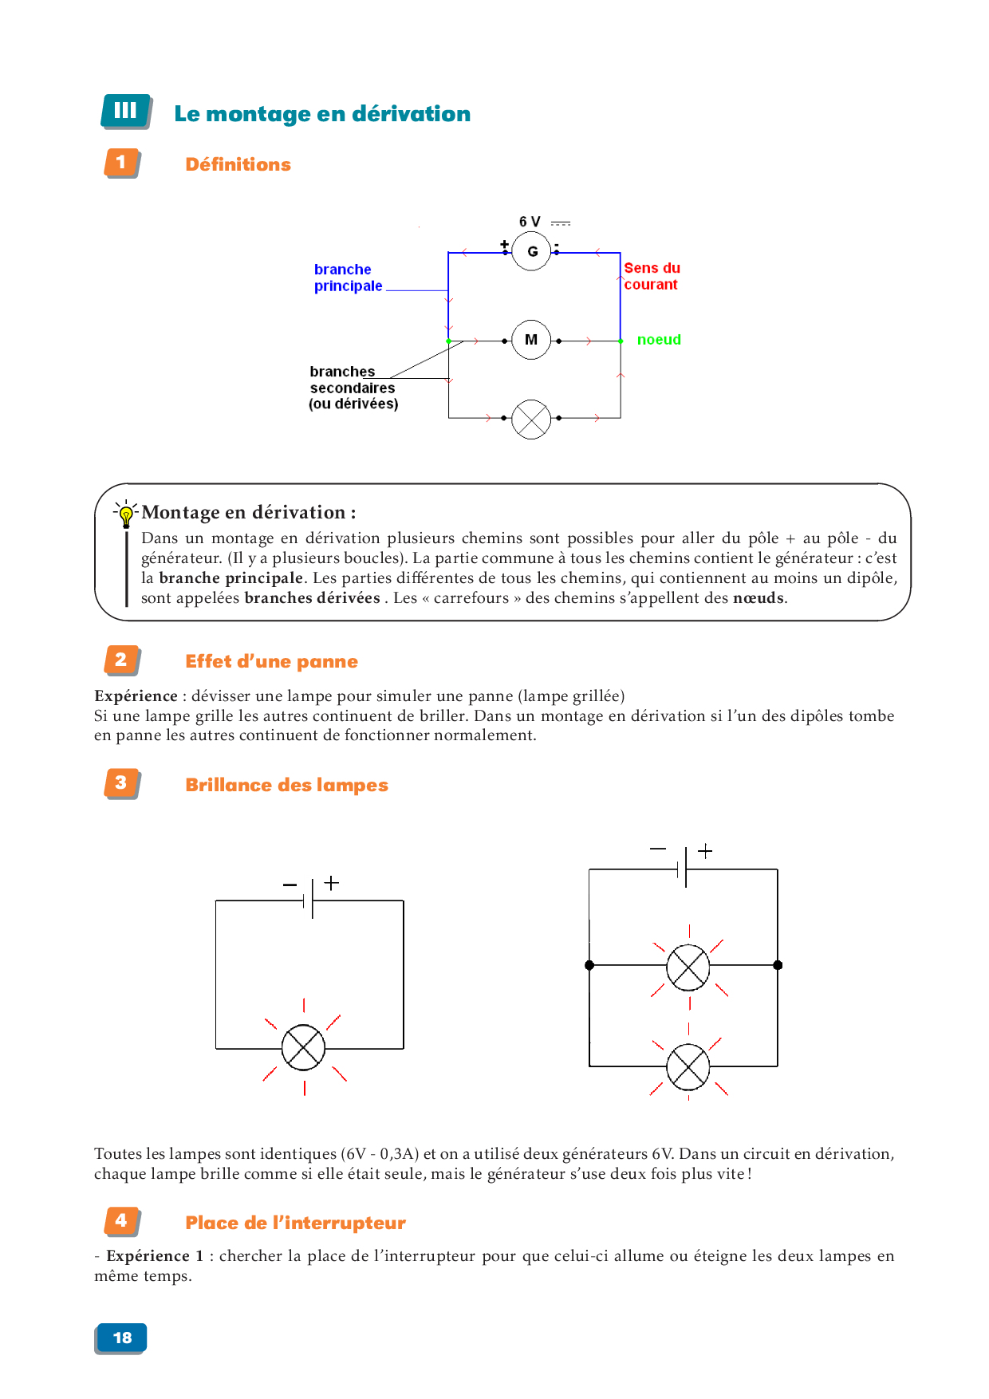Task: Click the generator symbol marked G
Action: (531, 251)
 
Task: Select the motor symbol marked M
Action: (531, 340)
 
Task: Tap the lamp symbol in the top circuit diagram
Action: (531, 418)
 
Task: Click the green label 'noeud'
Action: (659, 340)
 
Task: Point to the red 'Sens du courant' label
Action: (652, 276)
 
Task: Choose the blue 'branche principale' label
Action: (348, 278)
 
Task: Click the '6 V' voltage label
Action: (530, 222)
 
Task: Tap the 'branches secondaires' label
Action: (353, 388)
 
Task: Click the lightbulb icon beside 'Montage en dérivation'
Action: (126, 514)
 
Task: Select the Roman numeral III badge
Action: (125, 111)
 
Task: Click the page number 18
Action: (122, 1338)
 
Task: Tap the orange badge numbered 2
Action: (121, 660)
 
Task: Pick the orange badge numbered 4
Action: (121, 1220)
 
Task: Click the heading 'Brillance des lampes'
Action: (286, 785)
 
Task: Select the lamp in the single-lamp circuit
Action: (304, 1047)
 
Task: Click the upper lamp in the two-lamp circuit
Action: (688, 967)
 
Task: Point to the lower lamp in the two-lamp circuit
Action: (688, 1066)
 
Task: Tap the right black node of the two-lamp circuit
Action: (778, 965)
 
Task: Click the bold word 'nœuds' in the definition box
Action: (758, 598)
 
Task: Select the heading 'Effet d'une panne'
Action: (271, 661)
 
